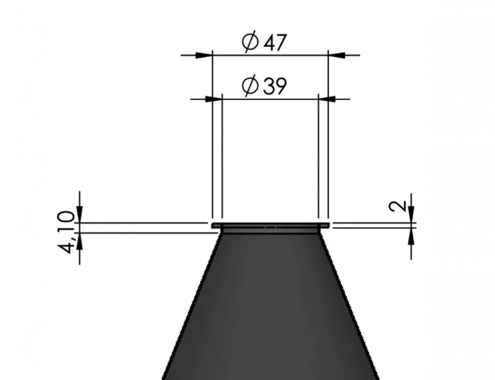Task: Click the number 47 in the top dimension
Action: [x=275, y=42]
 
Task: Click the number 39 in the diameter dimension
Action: [x=275, y=86]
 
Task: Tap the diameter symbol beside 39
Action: [x=250, y=86]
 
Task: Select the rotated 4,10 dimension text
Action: [x=67, y=232]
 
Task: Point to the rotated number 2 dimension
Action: [x=397, y=206]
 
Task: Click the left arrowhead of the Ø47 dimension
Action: [x=204, y=55]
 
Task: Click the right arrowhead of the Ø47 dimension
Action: [x=337, y=55]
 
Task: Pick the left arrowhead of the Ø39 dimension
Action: [x=214, y=99]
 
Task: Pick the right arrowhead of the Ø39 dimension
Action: [x=327, y=99]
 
